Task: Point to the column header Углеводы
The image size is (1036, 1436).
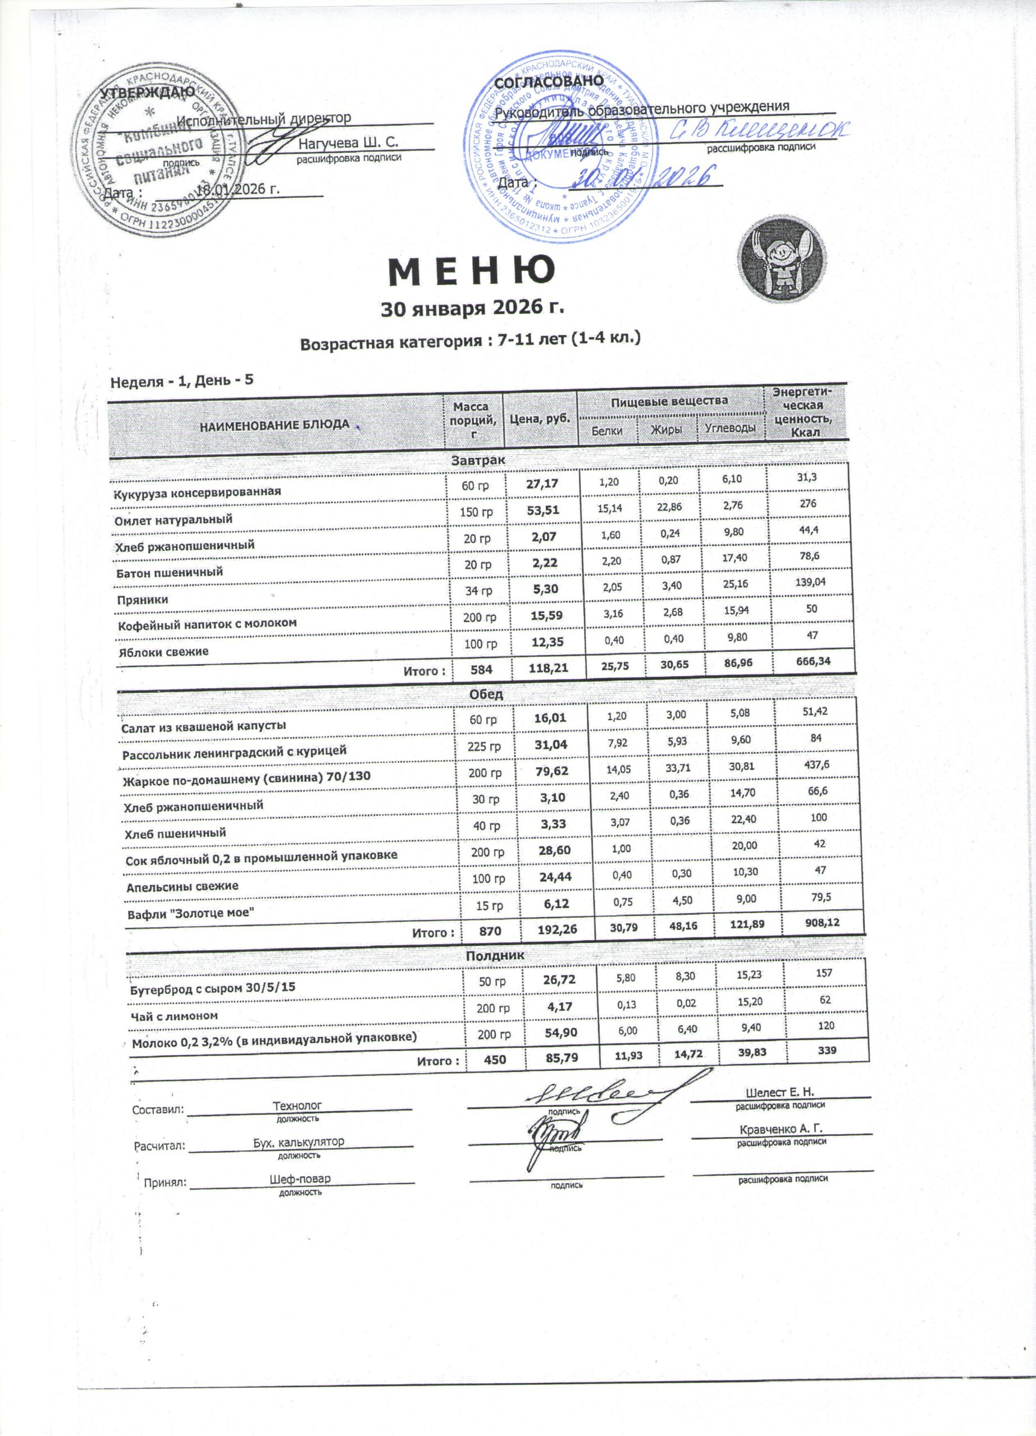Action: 731,429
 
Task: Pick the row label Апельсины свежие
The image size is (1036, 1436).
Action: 182,886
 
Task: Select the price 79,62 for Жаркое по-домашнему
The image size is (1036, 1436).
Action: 551,771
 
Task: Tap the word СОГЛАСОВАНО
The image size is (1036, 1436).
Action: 548,82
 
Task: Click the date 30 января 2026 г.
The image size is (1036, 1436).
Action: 472,308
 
